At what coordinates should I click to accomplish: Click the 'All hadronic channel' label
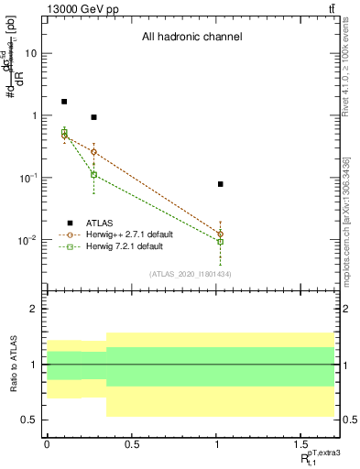[191, 38]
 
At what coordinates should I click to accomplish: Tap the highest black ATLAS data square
[64, 102]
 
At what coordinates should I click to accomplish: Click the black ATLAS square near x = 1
[221, 184]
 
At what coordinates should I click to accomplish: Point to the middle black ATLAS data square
[94, 117]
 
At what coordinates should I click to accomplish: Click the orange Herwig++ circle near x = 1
[221, 234]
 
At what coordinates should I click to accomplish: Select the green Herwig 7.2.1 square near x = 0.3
[94, 174]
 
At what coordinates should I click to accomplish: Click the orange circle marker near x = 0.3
[94, 152]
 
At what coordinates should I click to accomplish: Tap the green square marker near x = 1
[221, 242]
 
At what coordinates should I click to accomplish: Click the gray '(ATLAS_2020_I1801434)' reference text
[190, 273]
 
